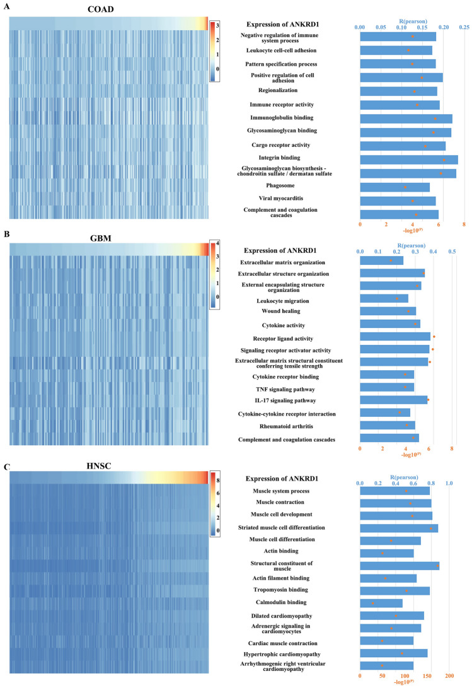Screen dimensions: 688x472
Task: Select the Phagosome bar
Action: point(394,187)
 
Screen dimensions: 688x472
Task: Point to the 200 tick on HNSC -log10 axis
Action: point(449,676)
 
